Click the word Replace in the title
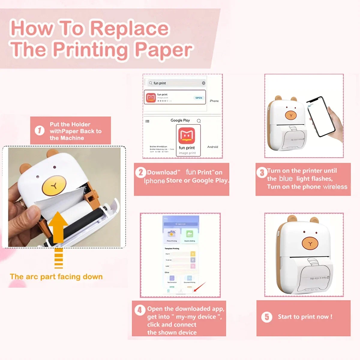[130, 29]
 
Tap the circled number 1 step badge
[40, 130]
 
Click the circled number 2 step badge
[140, 172]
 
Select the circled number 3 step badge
[262, 172]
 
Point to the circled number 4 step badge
[139, 310]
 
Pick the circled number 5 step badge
[267, 317]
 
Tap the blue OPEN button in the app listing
[199, 98]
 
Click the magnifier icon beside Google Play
[199, 121]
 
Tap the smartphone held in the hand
[321, 116]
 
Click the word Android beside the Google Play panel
[213, 147]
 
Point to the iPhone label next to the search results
[214, 101]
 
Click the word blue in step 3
[286, 179]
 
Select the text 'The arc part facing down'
[56, 277]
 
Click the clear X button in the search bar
[204, 83]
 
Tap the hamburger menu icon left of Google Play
[147, 121]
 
